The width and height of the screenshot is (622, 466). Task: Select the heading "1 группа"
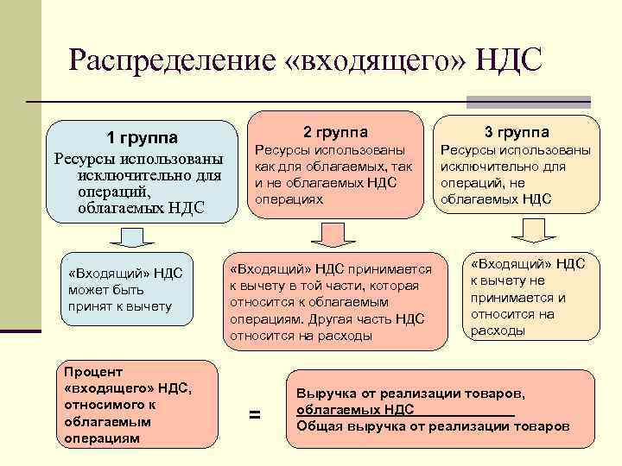pos(143,138)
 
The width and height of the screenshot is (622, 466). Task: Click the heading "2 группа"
pos(335,132)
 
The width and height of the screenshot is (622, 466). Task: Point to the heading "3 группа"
pos(517,132)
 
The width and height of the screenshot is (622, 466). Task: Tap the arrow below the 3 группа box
pos(528,230)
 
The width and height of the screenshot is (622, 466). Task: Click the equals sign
pos(254,415)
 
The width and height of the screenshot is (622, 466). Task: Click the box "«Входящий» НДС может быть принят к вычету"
pos(127,290)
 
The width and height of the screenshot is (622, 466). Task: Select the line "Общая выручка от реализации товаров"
pos(432,426)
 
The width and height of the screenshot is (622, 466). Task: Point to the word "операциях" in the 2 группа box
pos(289,198)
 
